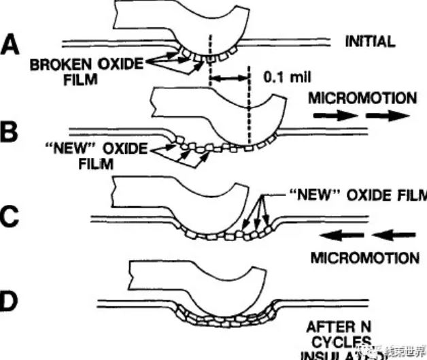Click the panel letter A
[12, 46]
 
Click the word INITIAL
[370, 42]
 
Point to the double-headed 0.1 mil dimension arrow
[230, 80]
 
